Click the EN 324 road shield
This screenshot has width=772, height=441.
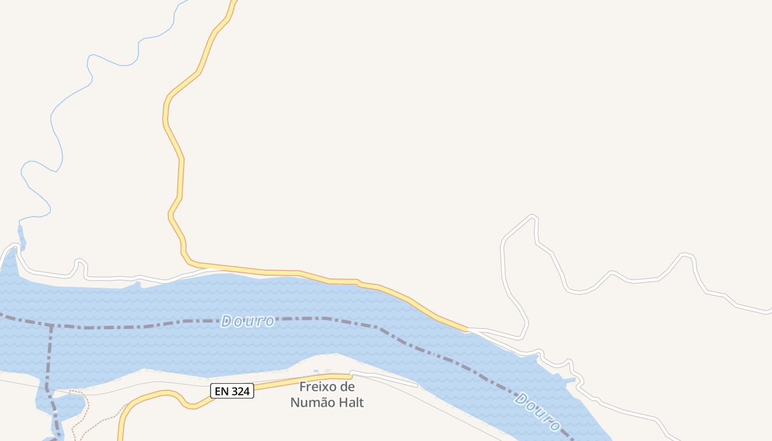(232, 391)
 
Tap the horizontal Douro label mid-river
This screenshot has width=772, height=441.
(248, 321)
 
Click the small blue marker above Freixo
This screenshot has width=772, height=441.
(316, 371)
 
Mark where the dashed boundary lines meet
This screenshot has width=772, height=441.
(51, 325)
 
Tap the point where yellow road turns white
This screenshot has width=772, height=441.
(468, 330)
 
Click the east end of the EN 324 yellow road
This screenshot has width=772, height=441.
(351, 377)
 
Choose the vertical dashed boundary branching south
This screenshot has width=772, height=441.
(49, 358)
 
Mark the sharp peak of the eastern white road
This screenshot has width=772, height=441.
(533, 217)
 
